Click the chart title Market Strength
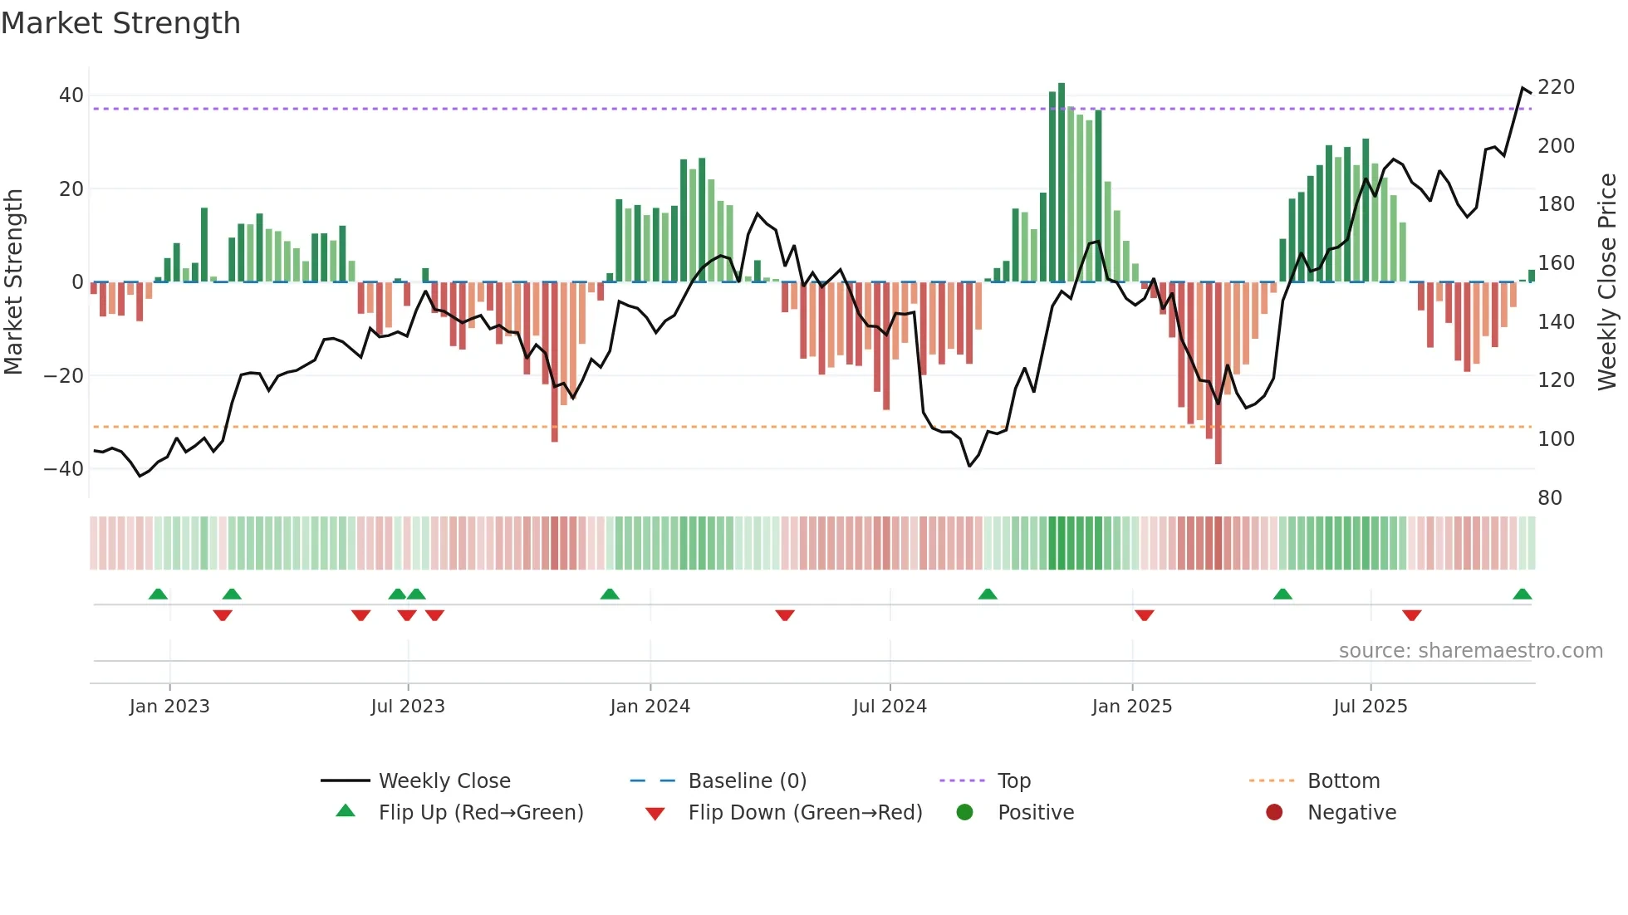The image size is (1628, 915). [x=120, y=23]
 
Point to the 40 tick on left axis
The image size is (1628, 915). [x=71, y=95]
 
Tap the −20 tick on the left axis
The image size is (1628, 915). [x=65, y=375]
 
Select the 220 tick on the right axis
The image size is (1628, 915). [x=1556, y=87]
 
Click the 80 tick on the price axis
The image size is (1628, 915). [x=1550, y=497]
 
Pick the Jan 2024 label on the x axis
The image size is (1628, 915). [x=650, y=707]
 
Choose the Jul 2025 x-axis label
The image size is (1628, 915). [x=1370, y=707]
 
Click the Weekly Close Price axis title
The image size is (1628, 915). [x=1607, y=282]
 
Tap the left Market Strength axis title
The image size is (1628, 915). [x=14, y=282]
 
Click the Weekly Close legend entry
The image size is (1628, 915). [x=444, y=781]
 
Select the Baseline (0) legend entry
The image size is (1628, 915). [x=747, y=781]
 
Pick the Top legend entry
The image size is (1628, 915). [x=1013, y=781]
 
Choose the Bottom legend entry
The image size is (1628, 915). [x=1343, y=781]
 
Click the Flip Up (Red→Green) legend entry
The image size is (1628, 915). [x=480, y=813]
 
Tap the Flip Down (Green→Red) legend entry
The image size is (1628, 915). [x=805, y=813]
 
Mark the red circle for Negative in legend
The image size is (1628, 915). [x=1274, y=812]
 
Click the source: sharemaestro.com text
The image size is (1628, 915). [x=1470, y=651]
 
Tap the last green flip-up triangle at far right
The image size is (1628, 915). [x=1522, y=595]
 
